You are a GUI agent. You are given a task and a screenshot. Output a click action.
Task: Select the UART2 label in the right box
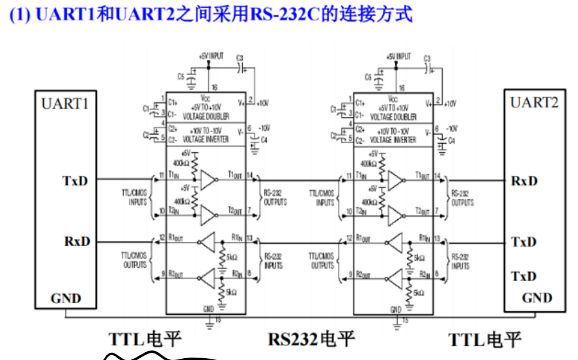pos(534,102)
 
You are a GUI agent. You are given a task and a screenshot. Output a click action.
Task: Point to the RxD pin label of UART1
pos(78,241)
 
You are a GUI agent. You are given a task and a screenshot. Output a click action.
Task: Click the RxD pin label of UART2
pos(524,181)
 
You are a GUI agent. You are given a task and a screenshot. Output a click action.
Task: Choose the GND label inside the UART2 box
pos(537,298)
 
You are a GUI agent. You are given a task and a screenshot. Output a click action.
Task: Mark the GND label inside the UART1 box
pos(66,298)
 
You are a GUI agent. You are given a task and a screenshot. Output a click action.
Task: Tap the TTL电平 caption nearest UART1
pos(145,339)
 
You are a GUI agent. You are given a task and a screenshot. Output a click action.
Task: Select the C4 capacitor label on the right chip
pos(451,141)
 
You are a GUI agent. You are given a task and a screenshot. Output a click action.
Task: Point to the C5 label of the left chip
pos(181,77)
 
